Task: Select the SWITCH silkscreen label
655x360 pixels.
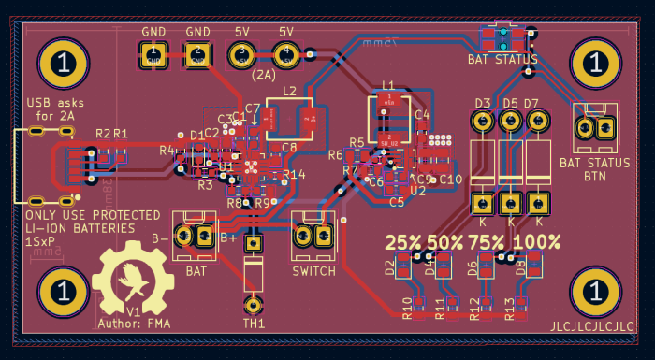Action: tap(313, 271)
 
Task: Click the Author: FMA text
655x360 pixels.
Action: tap(132, 324)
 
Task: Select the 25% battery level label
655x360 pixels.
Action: tap(403, 241)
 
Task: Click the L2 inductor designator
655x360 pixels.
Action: tap(289, 91)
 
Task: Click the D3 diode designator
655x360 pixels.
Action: tap(483, 103)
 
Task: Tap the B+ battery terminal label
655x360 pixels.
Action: tap(228, 238)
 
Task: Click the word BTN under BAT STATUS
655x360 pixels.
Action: tap(595, 176)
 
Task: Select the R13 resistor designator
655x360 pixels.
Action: tap(510, 308)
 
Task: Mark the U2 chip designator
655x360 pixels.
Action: tap(418, 190)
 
